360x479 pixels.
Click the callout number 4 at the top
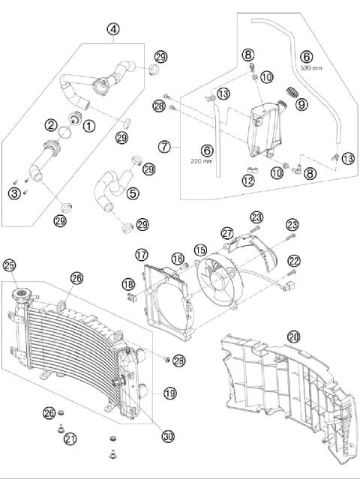[112, 30]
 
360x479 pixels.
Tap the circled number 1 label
[89, 127]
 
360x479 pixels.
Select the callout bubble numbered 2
[52, 124]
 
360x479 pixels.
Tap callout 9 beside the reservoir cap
[301, 106]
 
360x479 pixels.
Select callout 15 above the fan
[200, 249]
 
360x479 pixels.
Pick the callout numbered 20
[294, 337]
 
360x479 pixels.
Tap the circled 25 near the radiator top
[10, 265]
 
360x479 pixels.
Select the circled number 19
[169, 393]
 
